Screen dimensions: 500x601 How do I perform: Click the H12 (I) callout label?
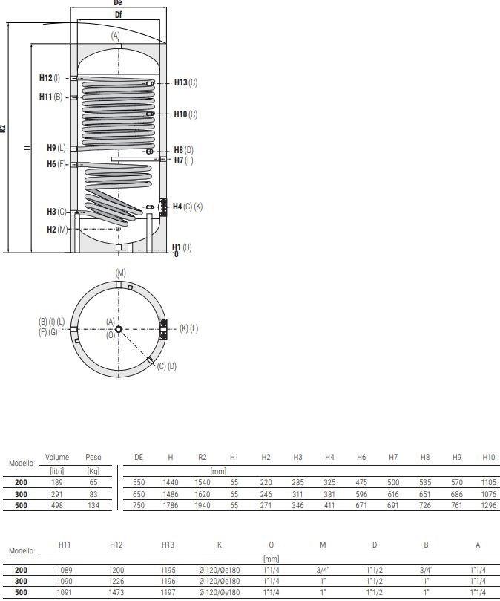pyautogui.click(x=50, y=78)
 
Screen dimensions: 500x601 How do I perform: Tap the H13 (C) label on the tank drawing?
pyautogui.click(x=185, y=82)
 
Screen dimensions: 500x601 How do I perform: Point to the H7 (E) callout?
pyautogui.click(x=183, y=160)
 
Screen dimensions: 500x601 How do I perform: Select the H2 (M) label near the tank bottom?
pyautogui.click(x=57, y=230)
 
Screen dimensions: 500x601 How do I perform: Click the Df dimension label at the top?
pyautogui.click(x=118, y=15)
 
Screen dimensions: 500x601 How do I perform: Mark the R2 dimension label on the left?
pyautogui.click(x=3, y=129)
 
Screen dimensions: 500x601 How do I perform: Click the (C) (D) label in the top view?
pyautogui.click(x=166, y=366)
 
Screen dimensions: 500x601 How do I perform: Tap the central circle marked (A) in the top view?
pyautogui.click(x=118, y=329)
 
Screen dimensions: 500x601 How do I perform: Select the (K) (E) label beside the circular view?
pyautogui.click(x=188, y=328)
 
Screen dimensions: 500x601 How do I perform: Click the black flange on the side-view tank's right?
pyautogui.click(x=163, y=207)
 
